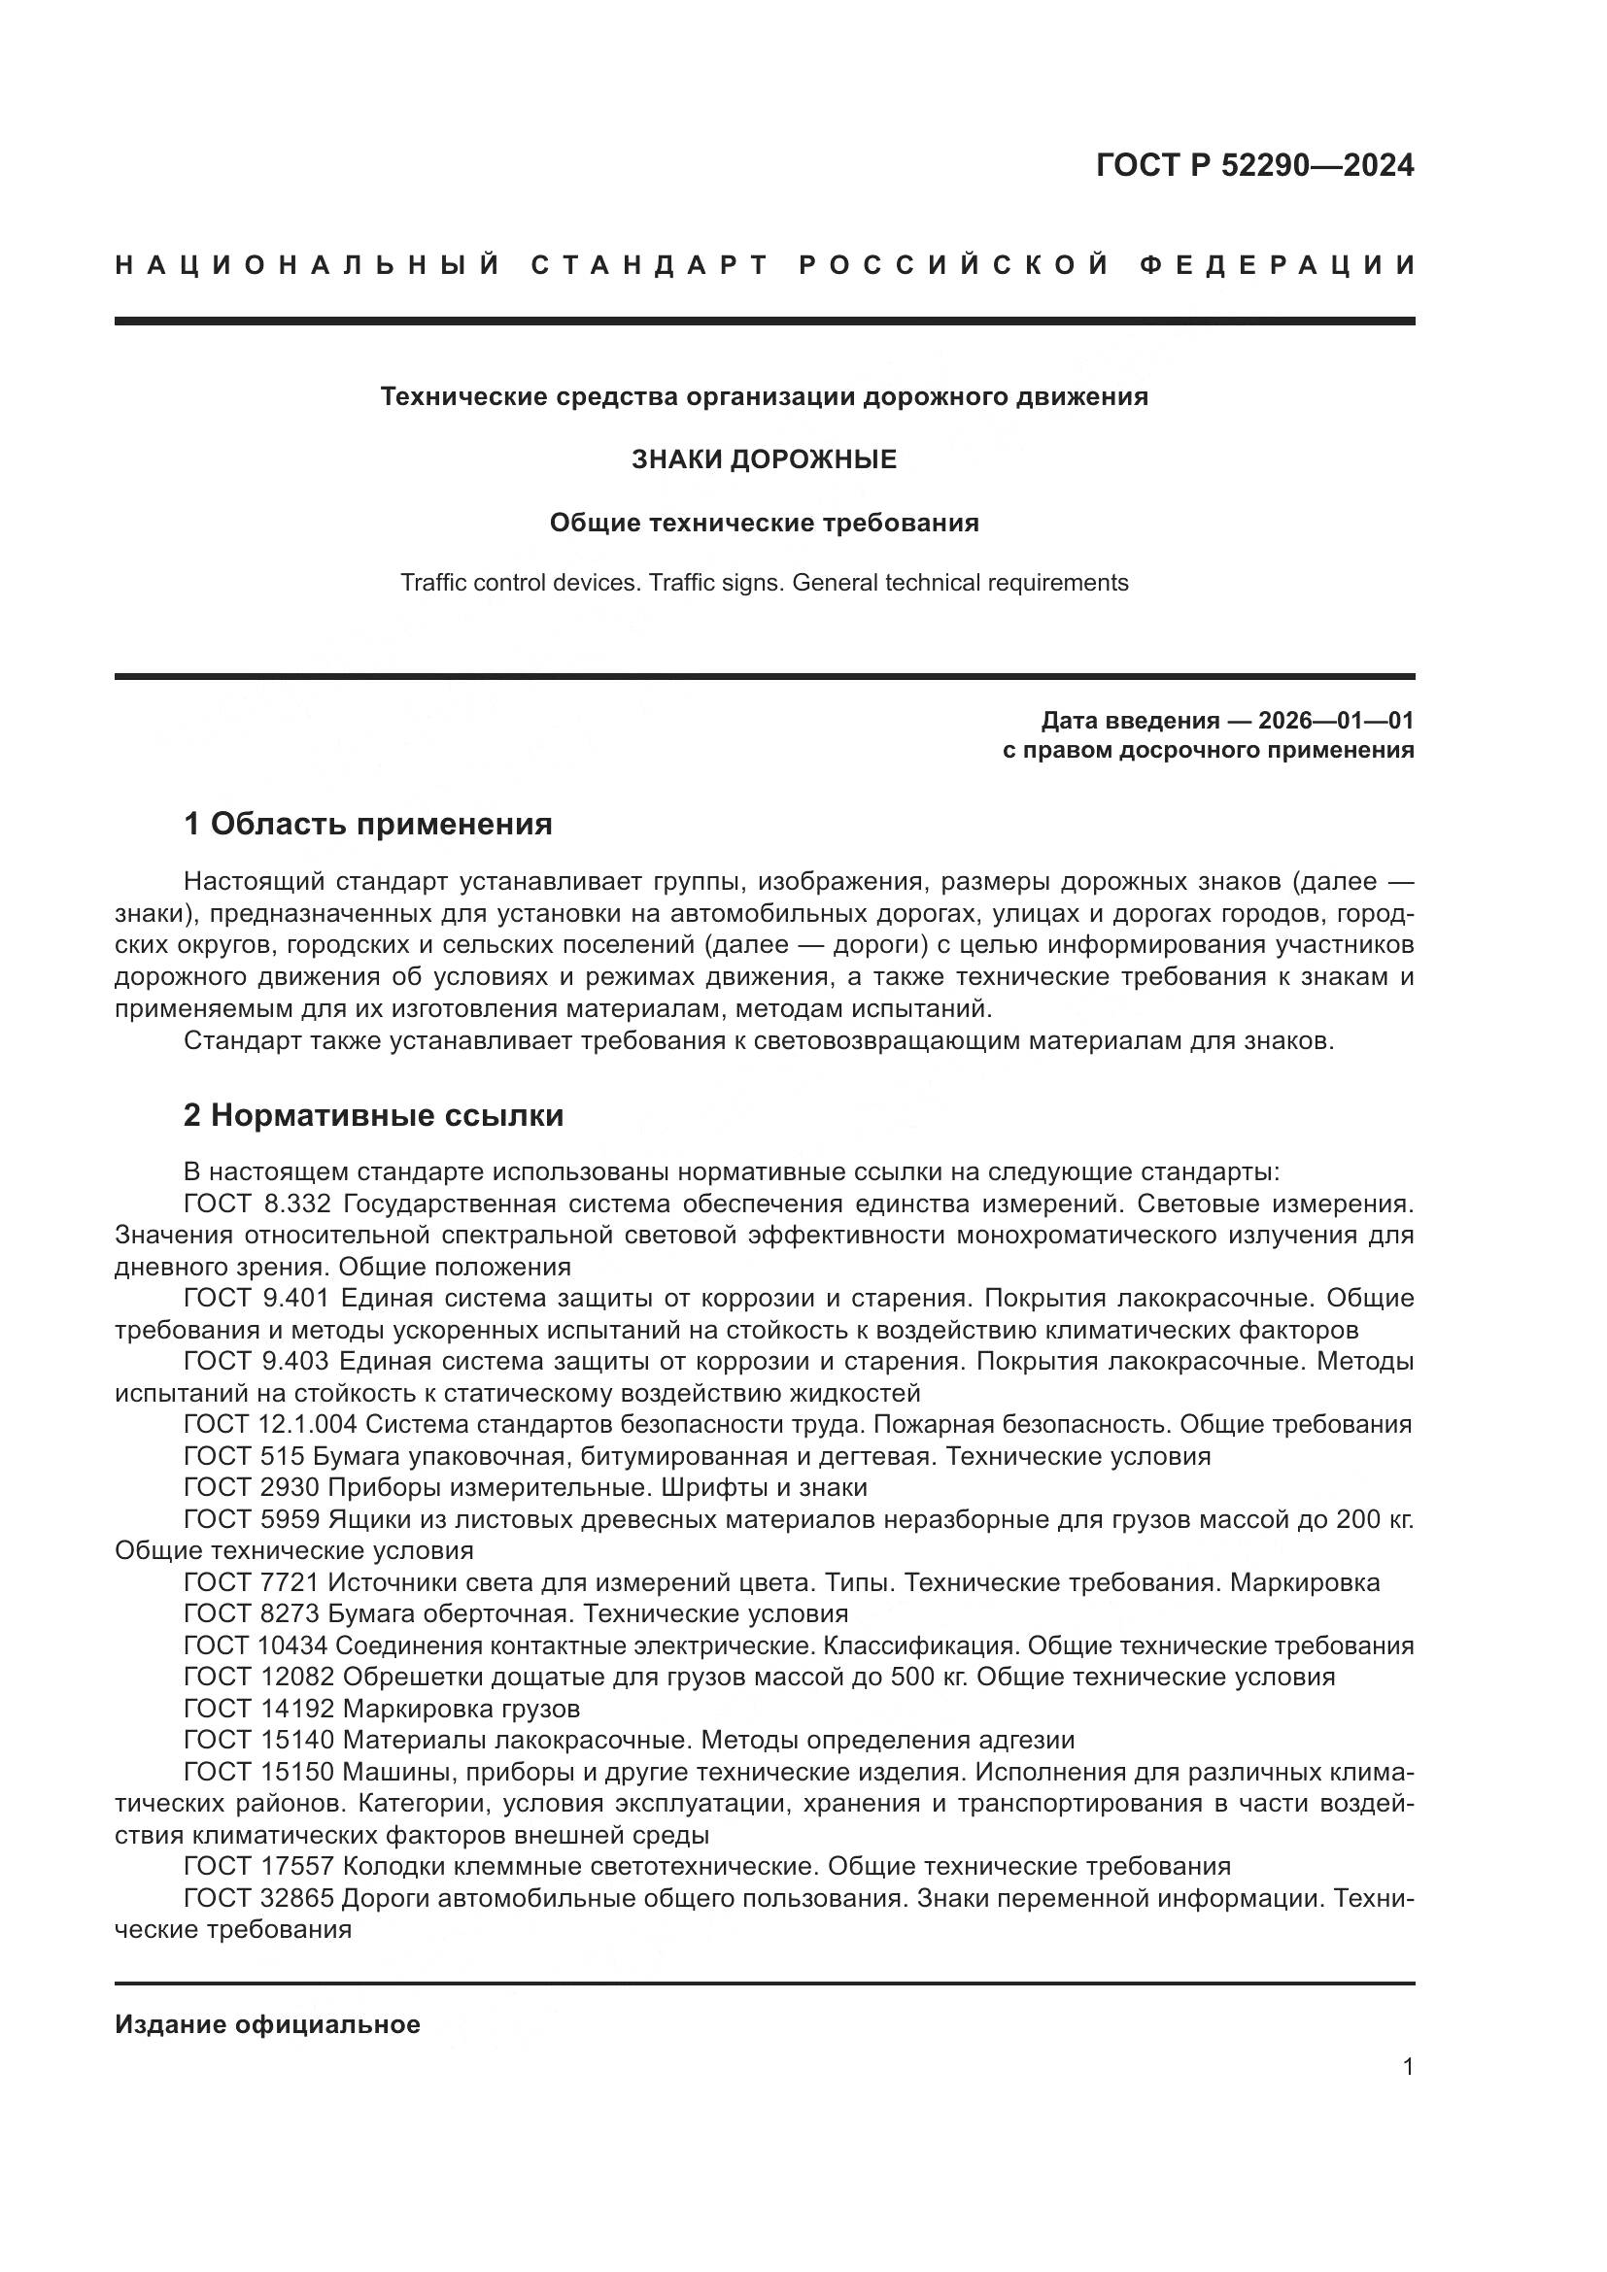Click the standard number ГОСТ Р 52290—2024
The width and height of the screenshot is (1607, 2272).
(1253, 165)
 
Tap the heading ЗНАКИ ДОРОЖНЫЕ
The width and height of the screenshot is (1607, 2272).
(764, 459)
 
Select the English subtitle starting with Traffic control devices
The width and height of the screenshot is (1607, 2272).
(764, 583)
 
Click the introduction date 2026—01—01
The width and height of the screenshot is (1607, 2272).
(1336, 720)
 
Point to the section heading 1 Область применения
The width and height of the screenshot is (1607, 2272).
(368, 824)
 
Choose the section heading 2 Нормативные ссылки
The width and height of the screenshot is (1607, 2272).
(374, 1115)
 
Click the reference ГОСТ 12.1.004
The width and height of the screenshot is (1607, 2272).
(269, 1425)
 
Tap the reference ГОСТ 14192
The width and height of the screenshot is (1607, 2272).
(259, 1709)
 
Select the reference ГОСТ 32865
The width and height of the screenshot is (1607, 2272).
(259, 1899)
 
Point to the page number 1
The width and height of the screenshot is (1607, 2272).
(1408, 2066)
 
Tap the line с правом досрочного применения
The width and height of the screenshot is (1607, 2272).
(1209, 750)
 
